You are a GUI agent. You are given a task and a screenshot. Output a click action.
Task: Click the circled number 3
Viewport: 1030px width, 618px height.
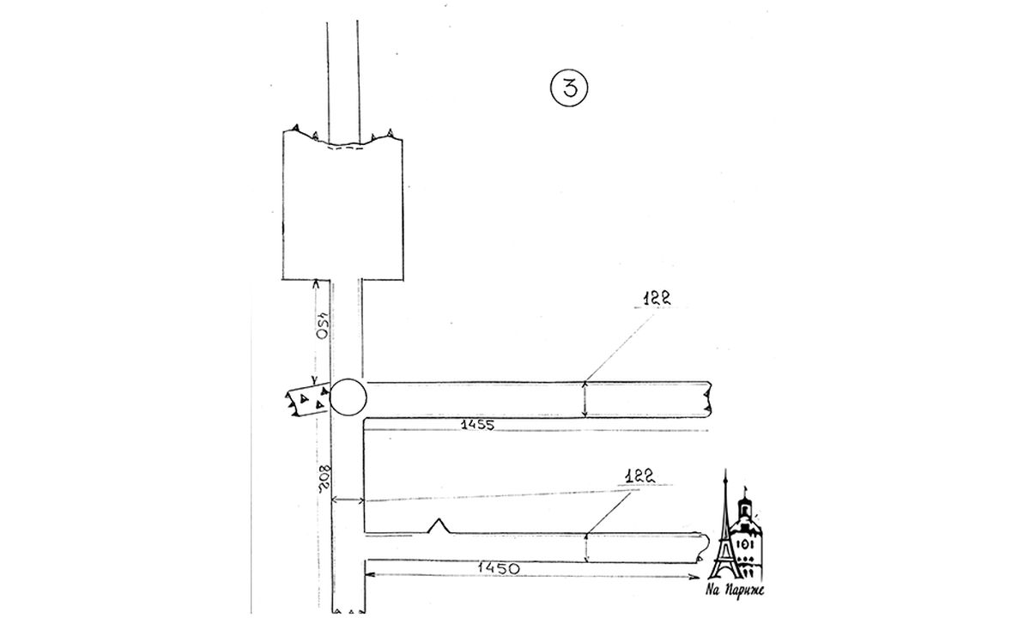(x=569, y=88)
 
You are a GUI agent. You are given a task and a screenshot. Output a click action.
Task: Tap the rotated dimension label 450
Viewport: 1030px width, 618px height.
(x=324, y=325)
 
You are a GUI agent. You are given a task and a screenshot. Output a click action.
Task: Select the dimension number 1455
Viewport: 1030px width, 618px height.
(x=478, y=425)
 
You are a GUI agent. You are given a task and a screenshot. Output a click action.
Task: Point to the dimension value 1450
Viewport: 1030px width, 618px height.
(x=499, y=568)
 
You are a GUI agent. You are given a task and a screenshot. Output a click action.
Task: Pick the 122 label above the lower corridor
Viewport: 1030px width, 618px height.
(x=640, y=476)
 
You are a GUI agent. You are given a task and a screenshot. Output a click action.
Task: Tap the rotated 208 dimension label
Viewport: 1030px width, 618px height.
(x=324, y=480)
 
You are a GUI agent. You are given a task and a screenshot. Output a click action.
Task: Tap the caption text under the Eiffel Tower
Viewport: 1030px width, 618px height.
(x=735, y=590)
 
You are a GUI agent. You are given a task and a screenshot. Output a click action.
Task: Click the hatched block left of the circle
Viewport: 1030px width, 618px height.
(x=308, y=399)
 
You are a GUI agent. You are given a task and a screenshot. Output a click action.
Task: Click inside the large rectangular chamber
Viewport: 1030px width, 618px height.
(x=343, y=211)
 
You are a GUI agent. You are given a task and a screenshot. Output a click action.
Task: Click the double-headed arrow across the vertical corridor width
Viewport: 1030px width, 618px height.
(x=348, y=500)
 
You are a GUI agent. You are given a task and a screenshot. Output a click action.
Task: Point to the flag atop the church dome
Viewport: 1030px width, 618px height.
(x=746, y=489)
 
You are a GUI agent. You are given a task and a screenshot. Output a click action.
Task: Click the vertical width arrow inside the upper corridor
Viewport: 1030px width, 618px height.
(x=585, y=400)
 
